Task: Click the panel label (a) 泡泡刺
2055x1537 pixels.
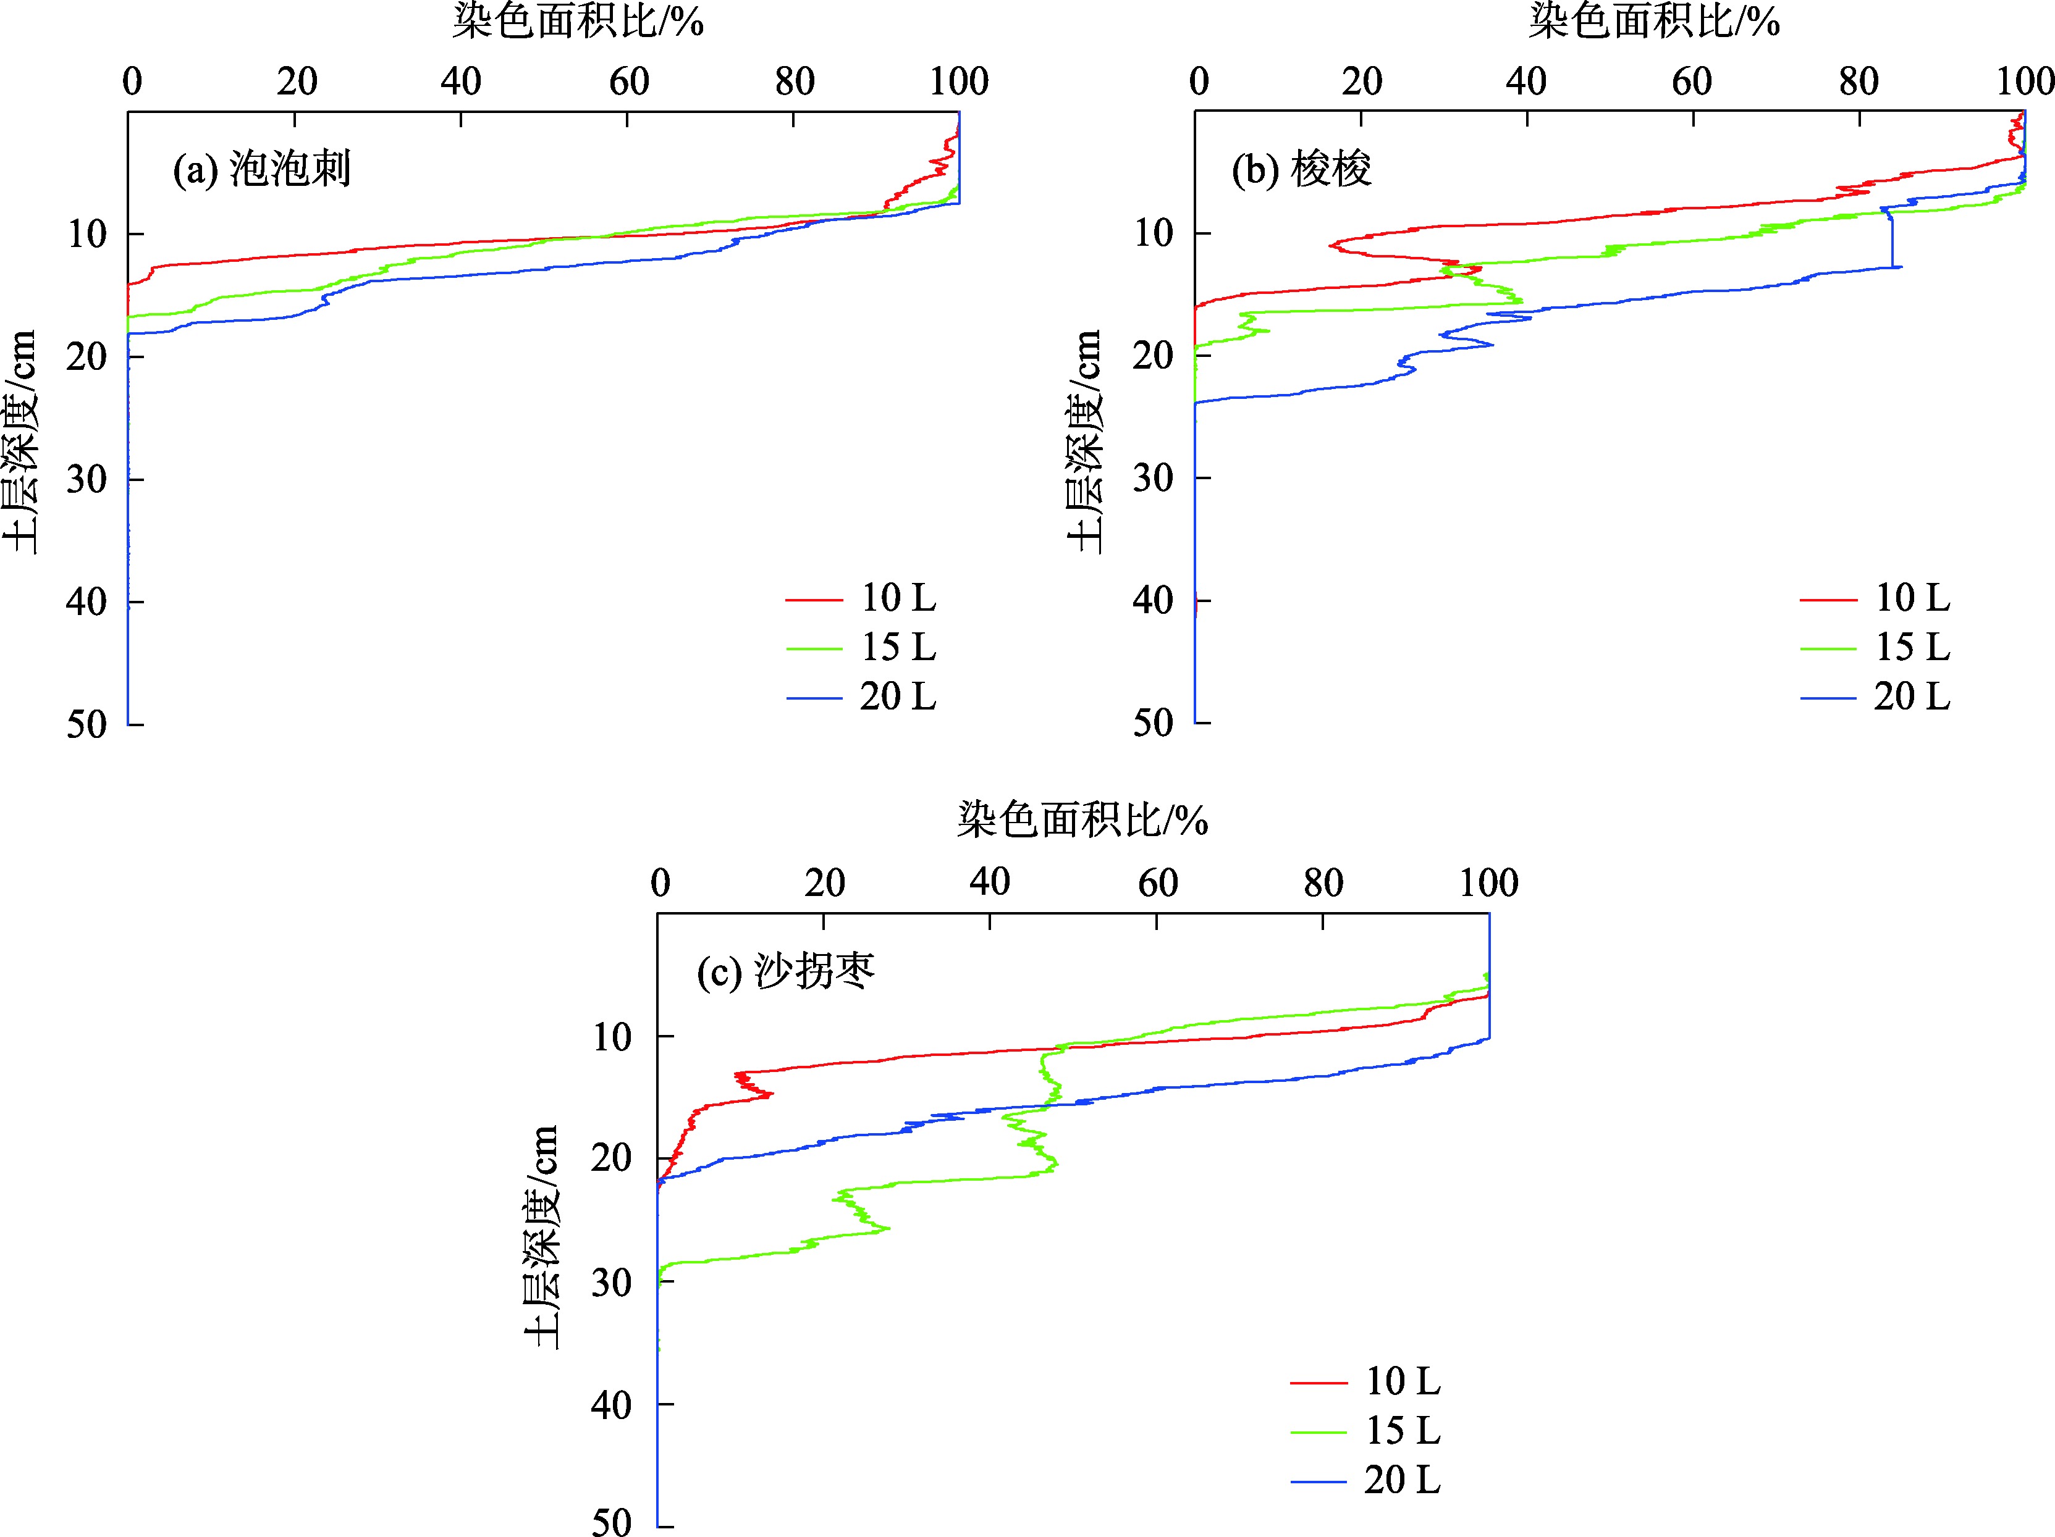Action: coord(262,170)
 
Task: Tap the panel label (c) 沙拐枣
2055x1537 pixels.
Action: coord(786,971)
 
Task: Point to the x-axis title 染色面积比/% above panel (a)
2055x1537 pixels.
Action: coord(578,20)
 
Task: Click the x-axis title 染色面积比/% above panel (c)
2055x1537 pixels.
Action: coord(1082,820)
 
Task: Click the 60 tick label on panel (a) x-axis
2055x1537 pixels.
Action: coord(628,82)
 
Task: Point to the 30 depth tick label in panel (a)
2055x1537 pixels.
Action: coord(87,479)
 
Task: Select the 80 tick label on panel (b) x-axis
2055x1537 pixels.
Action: coord(1858,82)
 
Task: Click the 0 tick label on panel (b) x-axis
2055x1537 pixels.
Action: coord(1199,82)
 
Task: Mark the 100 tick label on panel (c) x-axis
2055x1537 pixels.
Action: coord(1488,882)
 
